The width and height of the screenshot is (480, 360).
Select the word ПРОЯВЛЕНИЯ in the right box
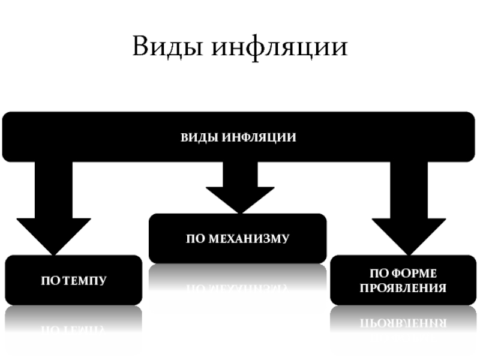(403, 288)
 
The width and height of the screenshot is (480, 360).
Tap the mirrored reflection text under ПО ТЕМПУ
(74, 329)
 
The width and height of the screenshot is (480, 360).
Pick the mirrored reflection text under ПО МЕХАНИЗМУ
(238, 287)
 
